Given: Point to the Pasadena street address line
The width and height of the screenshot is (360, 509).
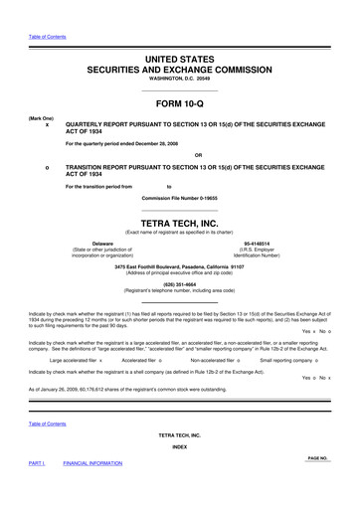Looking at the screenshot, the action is [x=180, y=265].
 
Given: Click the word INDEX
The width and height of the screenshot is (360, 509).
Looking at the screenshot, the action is [x=180, y=473].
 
